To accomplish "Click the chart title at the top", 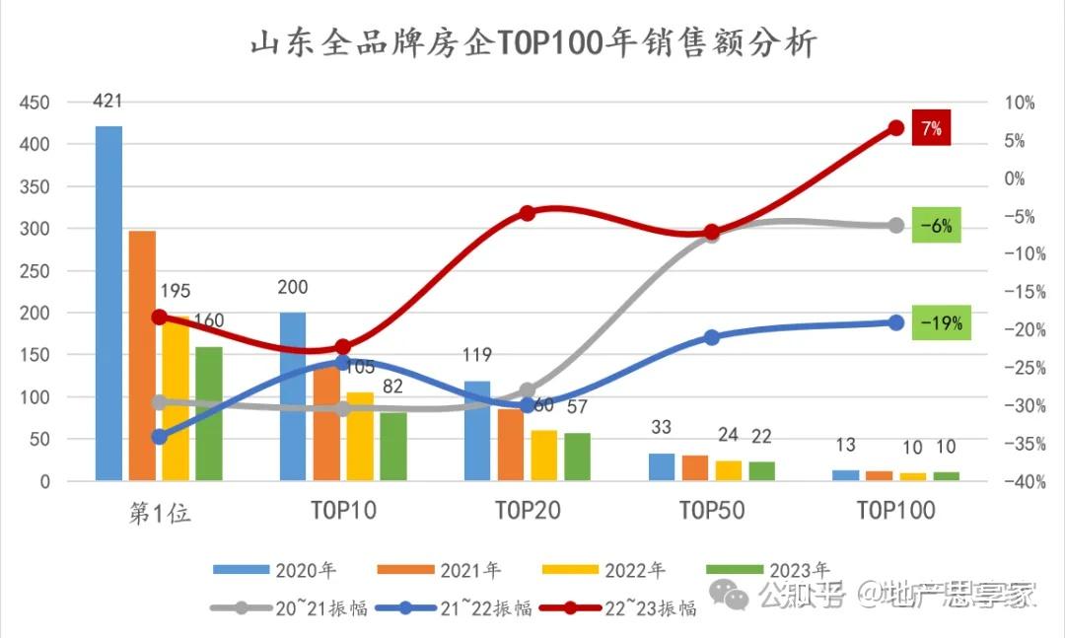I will click(532, 44).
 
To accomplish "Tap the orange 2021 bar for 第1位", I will click(142, 356).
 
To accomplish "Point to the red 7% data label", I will click(931, 128).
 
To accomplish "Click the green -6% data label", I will click(935, 226).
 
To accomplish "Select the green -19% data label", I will click(940, 322).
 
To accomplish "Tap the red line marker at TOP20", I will click(527, 213).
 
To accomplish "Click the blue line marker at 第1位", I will click(159, 437).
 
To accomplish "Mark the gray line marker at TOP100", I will click(896, 226).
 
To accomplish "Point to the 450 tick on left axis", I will click(35, 103).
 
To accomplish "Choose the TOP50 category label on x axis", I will click(711, 511).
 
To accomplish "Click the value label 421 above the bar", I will click(108, 101).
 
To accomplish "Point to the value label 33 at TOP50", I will click(661, 428).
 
